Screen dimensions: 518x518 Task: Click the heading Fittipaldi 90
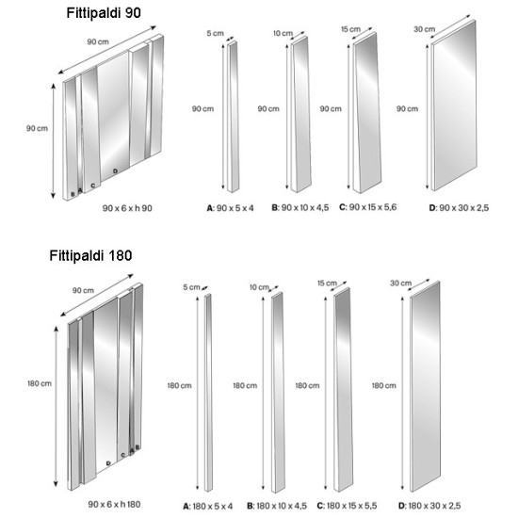click(x=104, y=13)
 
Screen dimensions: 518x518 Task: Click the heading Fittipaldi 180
click(x=90, y=255)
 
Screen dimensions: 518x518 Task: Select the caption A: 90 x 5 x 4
click(x=230, y=208)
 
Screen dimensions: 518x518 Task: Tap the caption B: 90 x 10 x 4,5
click(x=300, y=208)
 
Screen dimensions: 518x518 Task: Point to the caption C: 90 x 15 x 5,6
click(x=367, y=207)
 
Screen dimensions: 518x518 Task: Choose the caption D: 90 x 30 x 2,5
click(x=459, y=208)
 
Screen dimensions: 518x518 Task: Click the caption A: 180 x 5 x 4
click(x=208, y=506)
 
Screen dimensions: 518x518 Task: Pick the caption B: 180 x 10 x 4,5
click(x=277, y=506)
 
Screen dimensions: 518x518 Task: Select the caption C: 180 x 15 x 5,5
click(x=347, y=506)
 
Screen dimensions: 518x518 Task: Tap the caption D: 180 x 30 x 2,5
click(x=429, y=506)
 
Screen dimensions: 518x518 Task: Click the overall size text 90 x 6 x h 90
click(x=127, y=208)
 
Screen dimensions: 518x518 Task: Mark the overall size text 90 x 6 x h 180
click(x=114, y=505)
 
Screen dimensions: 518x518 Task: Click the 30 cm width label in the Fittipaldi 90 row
click(x=425, y=29)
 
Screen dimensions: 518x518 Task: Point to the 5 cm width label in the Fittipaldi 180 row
click(x=191, y=287)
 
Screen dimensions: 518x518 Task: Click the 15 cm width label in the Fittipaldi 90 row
click(x=351, y=29)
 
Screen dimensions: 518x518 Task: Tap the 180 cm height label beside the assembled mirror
click(x=40, y=383)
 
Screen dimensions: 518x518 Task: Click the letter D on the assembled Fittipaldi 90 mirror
click(x=115, y=171)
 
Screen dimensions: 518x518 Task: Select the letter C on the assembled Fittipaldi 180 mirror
click(x=122, y=455)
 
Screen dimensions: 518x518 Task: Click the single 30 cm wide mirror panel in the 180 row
click(x=425, y=386)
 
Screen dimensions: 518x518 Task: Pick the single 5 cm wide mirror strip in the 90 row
click(x=233, y=117)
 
